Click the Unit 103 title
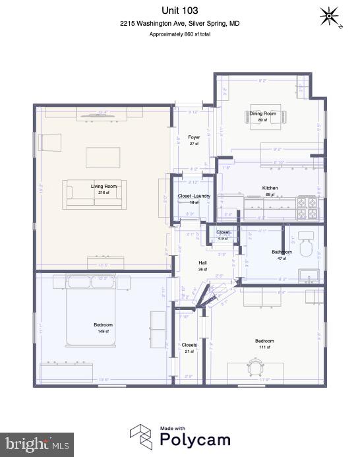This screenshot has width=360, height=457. point(179,10)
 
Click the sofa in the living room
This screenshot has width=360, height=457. point(95,194)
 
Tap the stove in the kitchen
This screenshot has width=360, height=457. point(308,207)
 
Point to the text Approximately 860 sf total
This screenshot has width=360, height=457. point(179,34)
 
